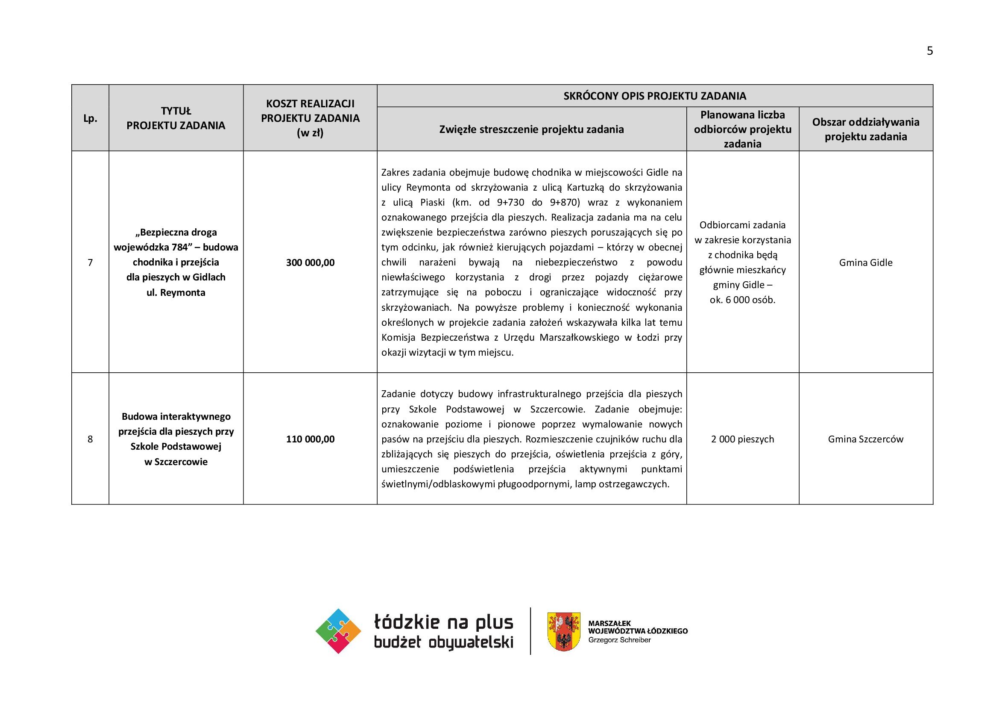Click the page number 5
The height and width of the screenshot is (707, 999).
point(929,51)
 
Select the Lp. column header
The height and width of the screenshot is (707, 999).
point(90,118)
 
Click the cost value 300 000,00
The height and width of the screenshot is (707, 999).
point(310,262)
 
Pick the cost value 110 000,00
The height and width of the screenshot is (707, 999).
point(310,439)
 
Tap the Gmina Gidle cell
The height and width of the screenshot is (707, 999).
point(865,262)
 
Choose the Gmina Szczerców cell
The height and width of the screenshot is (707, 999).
point(865,439)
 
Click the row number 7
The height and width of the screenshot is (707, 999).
point(90,262)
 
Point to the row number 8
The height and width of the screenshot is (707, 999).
point(90,439)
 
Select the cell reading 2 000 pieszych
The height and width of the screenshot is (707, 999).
point(742,439)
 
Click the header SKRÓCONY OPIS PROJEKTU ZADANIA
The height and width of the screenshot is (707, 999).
point(654,96)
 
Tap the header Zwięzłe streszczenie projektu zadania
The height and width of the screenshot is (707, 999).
point(531,129)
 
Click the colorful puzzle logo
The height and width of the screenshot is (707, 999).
point(338,631)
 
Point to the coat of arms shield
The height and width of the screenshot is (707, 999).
point(563,631)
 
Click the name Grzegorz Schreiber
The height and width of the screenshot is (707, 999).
point(619,640)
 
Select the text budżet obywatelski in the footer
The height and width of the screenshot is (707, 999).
point(443,642)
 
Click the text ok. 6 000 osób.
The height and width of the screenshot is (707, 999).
point(742,300)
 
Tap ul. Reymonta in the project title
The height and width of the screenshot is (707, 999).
point(176,292)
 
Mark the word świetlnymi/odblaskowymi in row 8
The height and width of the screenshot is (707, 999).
point(439,484)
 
